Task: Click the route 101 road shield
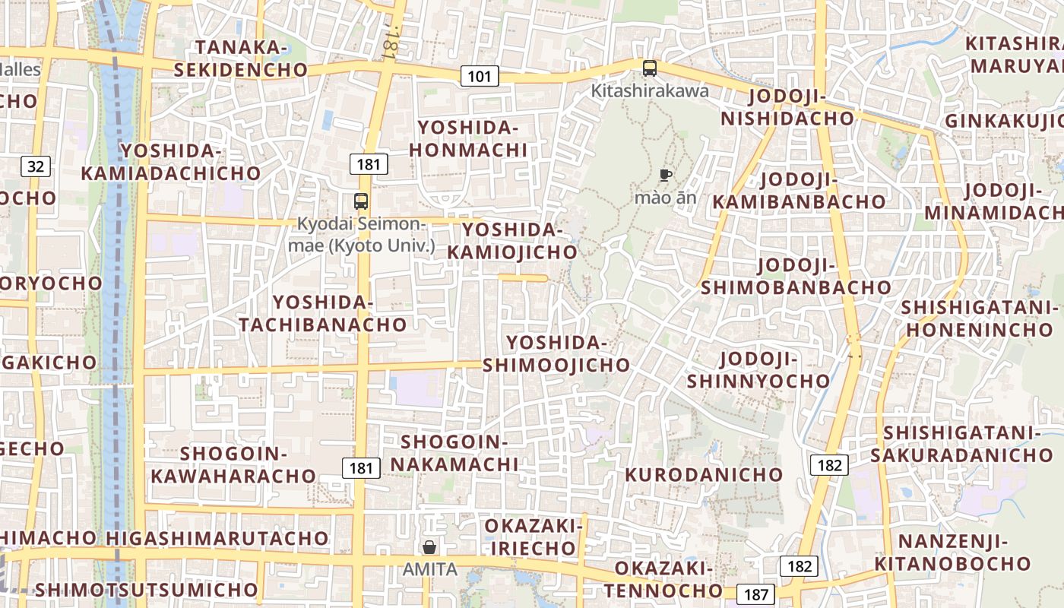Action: pos(480,76)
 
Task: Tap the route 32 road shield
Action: pos(36,166)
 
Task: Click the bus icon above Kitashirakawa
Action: pos(650,68)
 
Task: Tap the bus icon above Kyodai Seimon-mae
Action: pos(361,201)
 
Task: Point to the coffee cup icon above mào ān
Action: pos(666,176)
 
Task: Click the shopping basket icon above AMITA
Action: pos(429,547)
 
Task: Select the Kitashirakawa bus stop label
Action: pos(650,91)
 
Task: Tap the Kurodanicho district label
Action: pos(704,474)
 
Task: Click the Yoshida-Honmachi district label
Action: pos(468,138)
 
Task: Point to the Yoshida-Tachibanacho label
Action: pos(323,313)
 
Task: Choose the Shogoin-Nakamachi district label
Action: pos(454,452)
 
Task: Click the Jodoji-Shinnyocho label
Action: pos(758,369)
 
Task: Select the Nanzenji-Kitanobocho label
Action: pos(952,553)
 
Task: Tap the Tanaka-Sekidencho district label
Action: pos(241,59)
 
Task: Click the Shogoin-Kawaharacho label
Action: pos(233,464)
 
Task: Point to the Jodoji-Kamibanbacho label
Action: pos(799,190)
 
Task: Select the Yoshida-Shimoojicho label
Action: pos(557,353)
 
